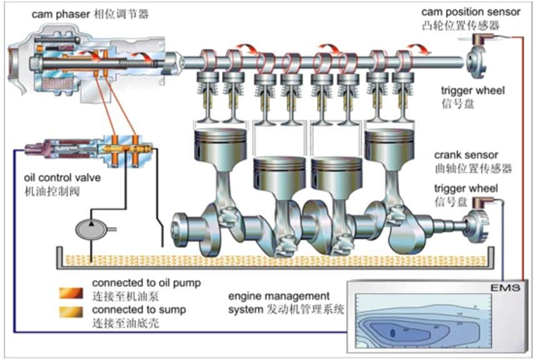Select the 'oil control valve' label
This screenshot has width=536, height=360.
(62, 178)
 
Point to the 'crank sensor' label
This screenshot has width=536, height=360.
(465, 155)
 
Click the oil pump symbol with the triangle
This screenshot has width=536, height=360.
(91, 229)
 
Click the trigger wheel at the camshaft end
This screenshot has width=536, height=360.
(473, 61)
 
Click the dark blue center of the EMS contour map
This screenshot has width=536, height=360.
(393, 333)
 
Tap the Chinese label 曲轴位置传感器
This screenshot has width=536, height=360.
(473, 169)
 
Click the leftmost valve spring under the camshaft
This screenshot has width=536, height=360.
(206, 87)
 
